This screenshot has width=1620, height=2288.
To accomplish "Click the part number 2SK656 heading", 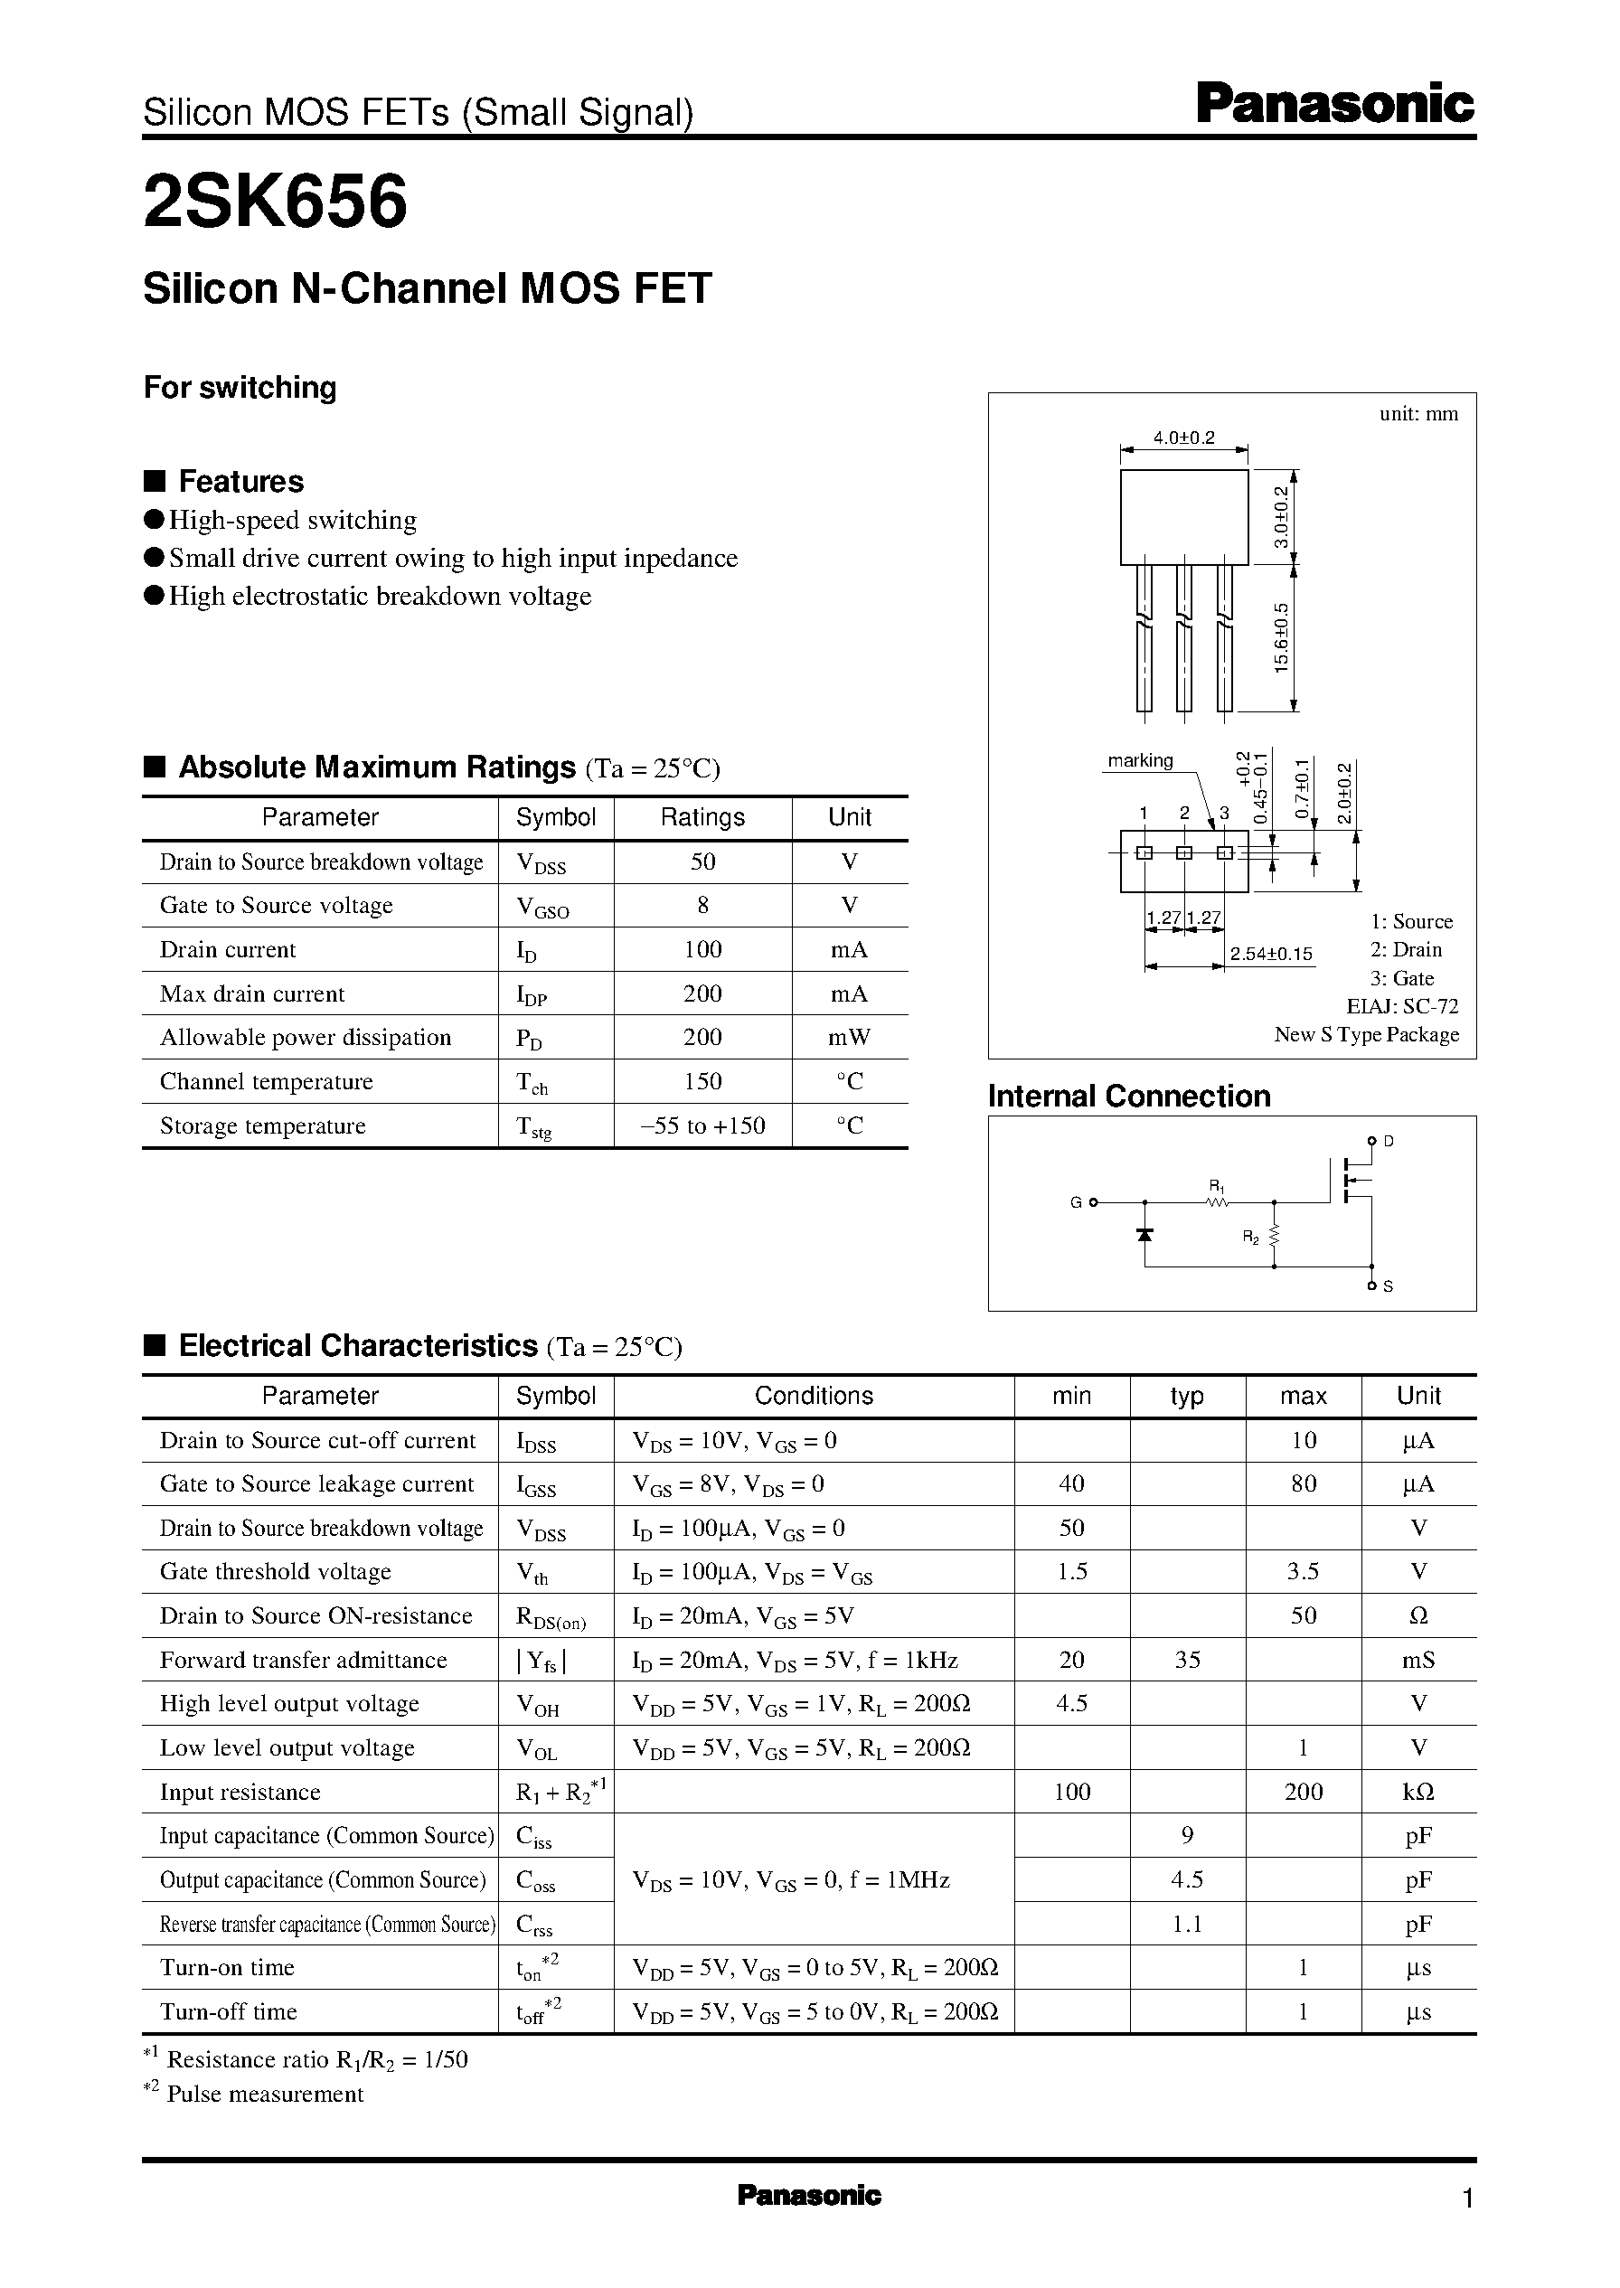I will point(276,202).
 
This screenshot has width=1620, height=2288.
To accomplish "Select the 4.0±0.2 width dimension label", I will point(1184,438).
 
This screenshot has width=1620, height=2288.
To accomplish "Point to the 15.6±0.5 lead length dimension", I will point(1283,637).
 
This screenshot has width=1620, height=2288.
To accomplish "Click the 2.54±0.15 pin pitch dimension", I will point(1271,955).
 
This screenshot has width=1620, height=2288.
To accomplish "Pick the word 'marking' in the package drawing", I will point(1140,761).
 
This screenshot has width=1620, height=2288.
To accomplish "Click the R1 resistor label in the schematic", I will point(1216,1186).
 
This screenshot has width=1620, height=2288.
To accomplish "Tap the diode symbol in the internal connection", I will point(1145,1235).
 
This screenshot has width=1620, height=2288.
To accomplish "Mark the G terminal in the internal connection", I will point(1077,1203).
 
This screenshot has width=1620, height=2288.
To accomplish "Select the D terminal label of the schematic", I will point(1389,1141).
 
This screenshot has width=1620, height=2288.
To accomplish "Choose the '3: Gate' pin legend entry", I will point(1401,978).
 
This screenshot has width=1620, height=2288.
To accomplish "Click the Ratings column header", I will point(702,818).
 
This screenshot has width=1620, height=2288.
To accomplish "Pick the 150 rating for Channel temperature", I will point(702,1082).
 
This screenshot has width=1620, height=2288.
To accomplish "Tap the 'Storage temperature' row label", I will point(262,1126).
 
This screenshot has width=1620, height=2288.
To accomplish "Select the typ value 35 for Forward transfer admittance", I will point(1187,1660).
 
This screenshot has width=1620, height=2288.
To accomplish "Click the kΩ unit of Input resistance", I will point(1418,1793).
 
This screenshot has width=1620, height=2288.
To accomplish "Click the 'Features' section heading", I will point(240,482).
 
